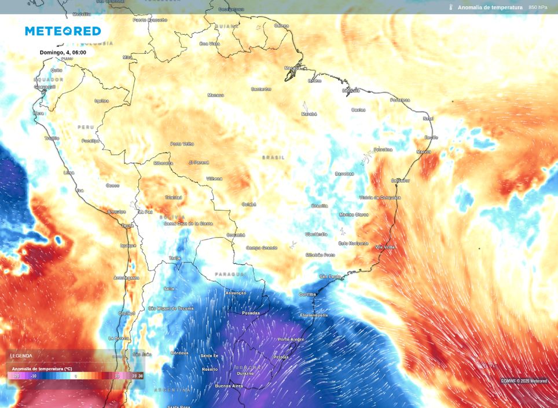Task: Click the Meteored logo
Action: click(x=63, y=31)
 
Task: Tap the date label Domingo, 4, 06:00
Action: click(x=63, y=52)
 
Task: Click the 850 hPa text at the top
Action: click(x=537, y=8)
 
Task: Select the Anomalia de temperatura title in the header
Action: click(x=490, y=8)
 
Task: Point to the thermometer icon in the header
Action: click(x=450, y=8)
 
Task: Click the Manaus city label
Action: click(x=215, y=95)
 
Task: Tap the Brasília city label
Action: click(x=320, y=206)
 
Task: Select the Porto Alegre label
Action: click(x=291, y=339)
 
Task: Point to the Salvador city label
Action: click(x=400, y=180)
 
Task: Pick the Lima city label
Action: click(x=68, y=173)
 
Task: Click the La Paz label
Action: click(x=145, y=212)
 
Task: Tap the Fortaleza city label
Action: click(x=400, y=100)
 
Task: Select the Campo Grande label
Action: click(x=262, y=247)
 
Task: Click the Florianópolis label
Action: click(x=314, y=315)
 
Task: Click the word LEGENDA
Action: click(x=21, y=356)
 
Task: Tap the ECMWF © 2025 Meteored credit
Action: click(x=523, y=381)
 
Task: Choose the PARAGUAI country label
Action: click(x=230, y=274)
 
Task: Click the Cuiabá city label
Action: click(x=248, y=204)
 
